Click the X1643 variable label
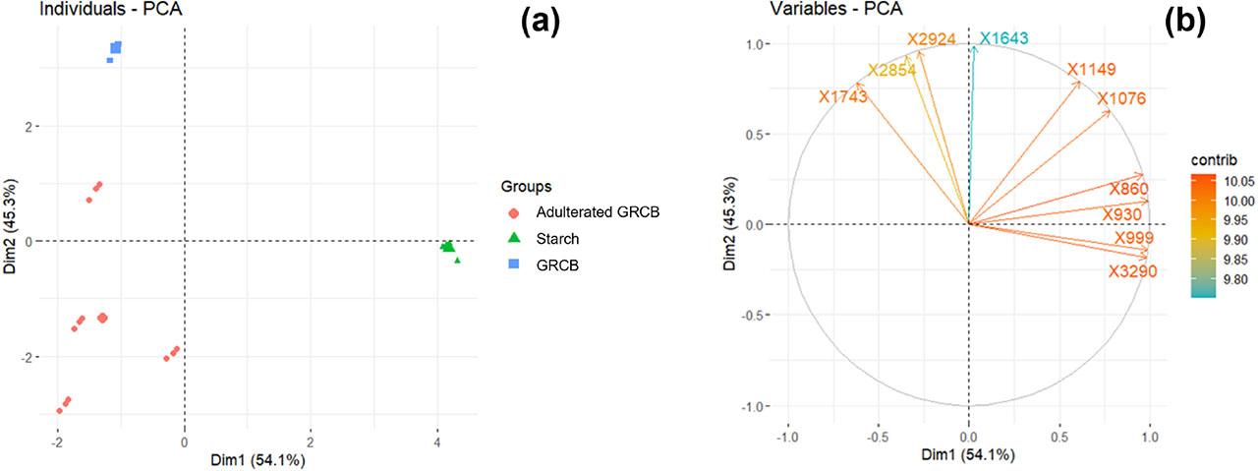(x=1002, y=38)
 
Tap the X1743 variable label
(x=842, y=96)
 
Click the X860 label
(x=1126, y=188)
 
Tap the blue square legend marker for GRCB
(x=515, y=265)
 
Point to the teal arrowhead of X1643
(x=973, y=48)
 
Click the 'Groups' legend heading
(x=526, y=185)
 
